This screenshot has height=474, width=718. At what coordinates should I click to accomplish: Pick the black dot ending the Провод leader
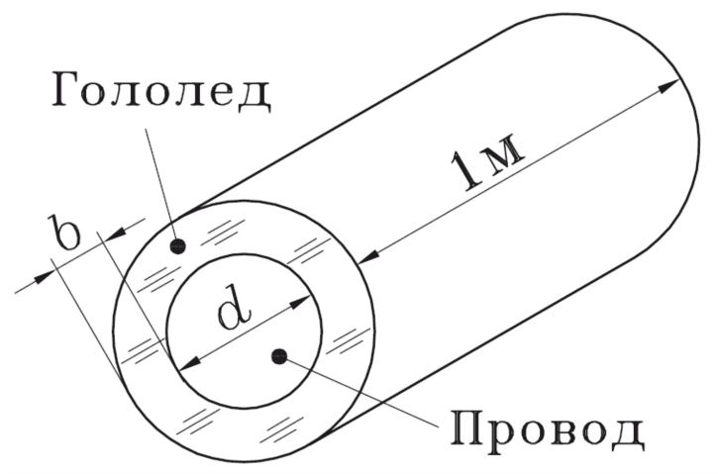pos(281,356)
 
